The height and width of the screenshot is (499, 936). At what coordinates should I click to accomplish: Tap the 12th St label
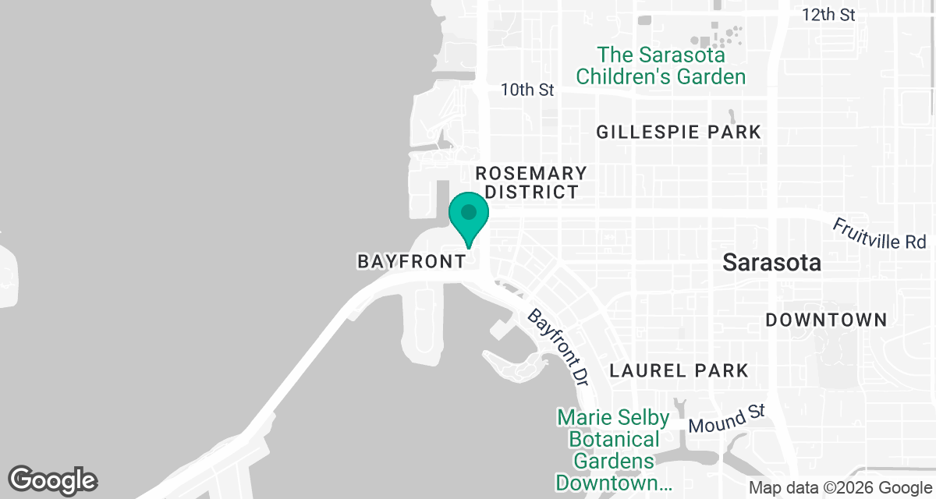828,15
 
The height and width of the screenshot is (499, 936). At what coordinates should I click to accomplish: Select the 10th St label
527,90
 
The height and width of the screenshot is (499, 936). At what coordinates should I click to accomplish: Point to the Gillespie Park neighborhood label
678,133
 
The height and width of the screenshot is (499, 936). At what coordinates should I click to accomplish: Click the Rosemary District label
531,182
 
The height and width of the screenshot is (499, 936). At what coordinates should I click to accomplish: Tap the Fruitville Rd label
879,233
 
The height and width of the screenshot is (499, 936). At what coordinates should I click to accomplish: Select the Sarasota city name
771,263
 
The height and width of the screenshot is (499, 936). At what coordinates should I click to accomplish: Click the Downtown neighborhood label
826,320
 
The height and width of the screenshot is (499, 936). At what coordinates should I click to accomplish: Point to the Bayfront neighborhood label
411,262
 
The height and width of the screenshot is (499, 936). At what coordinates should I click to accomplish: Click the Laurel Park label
679,370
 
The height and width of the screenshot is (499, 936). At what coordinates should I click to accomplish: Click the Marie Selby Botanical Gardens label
613,451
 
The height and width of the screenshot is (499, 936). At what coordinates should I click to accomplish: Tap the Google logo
52,480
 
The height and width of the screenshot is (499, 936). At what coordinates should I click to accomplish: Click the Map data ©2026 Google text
839,488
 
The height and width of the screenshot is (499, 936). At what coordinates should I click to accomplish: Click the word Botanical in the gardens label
613,440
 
